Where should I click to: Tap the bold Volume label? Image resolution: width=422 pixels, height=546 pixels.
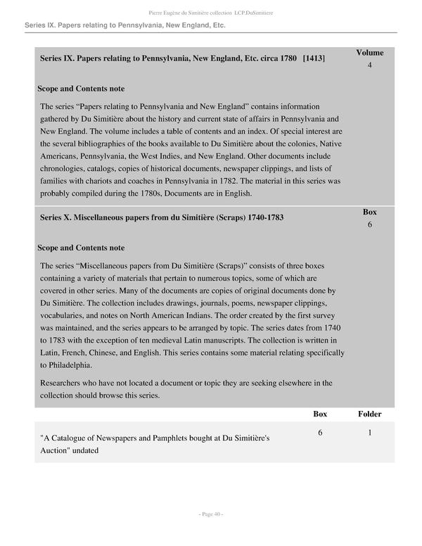369,52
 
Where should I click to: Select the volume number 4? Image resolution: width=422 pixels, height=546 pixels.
369,65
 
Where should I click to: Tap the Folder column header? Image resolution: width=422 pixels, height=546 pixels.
369,414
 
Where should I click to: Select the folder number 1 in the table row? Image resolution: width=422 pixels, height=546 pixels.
369,434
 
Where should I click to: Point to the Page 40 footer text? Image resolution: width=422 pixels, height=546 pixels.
210,514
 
